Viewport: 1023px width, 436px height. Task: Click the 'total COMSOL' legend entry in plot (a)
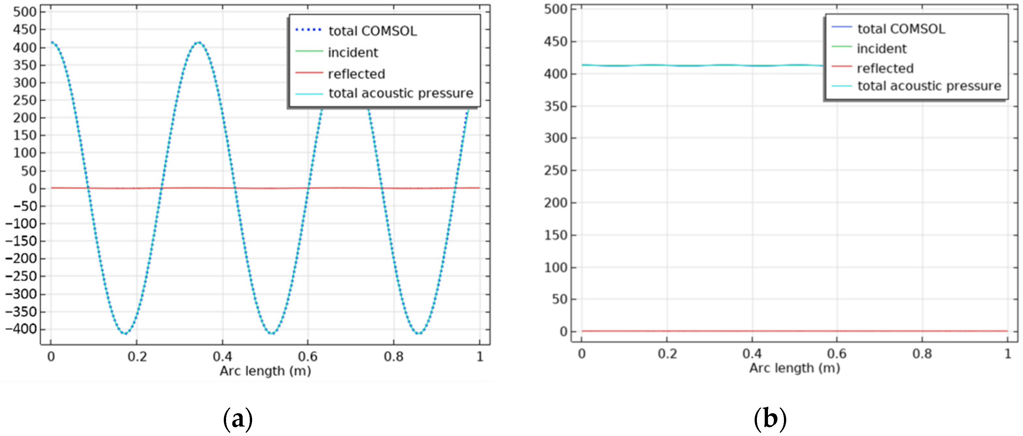point(372,31)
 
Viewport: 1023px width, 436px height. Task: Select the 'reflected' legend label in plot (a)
point(356,74)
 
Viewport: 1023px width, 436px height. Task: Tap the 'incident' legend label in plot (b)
point(882,48)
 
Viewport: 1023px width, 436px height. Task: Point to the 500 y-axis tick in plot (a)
point(25,12)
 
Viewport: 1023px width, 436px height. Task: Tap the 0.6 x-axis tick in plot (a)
point(308,357)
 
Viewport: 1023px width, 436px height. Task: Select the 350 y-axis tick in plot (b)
point(555,106)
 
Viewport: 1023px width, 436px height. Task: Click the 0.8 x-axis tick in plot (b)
point(922,354)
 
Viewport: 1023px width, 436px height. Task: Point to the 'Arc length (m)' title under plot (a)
point(265,371)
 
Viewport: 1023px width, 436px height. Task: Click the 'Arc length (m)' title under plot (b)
point(795,368)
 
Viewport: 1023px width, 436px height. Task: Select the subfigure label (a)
point(237,419)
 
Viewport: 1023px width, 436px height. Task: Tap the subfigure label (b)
point(770,419)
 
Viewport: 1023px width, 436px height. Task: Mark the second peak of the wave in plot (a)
point(199,43)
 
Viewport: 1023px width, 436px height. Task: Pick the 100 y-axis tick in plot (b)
point(555,267)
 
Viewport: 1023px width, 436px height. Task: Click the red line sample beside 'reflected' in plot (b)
point(842,66)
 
